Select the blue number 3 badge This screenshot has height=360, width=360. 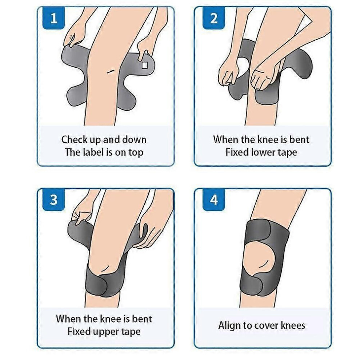(54, 200)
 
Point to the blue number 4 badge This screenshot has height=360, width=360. (213, 200)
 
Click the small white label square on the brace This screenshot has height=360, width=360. (144, 65)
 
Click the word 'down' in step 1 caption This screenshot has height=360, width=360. (134, 140)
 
